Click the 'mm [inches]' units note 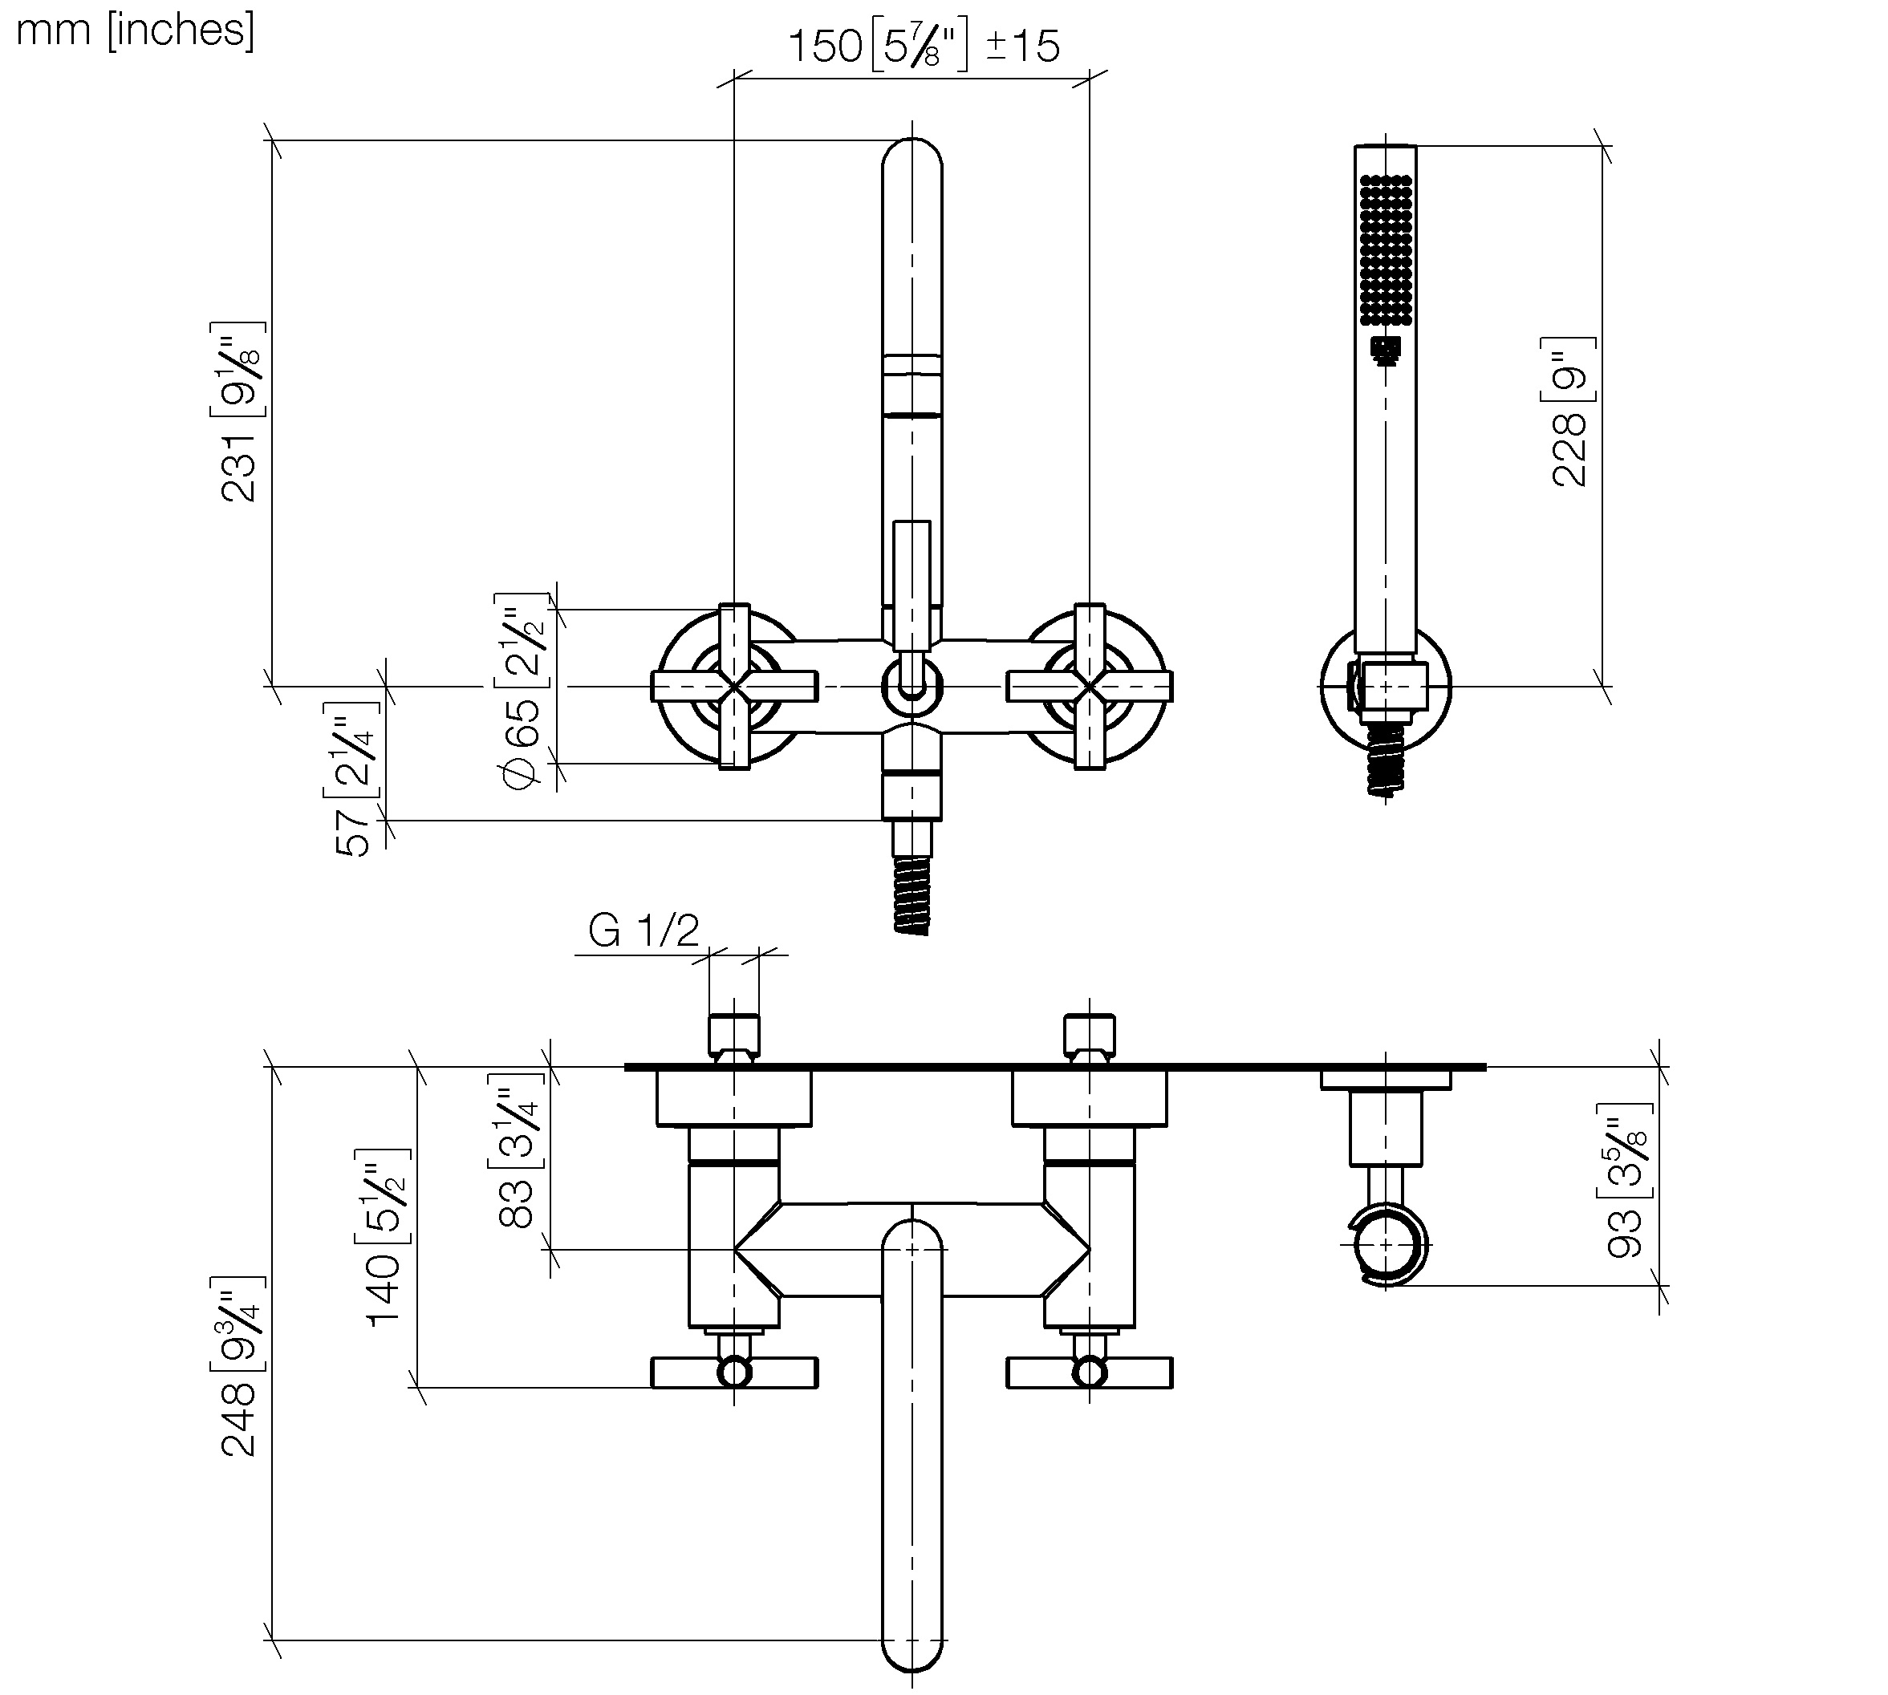(135, 30)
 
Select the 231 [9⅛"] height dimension (239, 412)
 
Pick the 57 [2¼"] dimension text (354, 781)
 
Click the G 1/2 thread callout (644, 931)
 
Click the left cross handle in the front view (735, 687)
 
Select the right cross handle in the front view (1090, 687)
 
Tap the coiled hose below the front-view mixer (912, 895)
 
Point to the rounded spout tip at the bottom (912, 1648)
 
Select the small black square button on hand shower (1386, 349)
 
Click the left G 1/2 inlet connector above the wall (734, 1035)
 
